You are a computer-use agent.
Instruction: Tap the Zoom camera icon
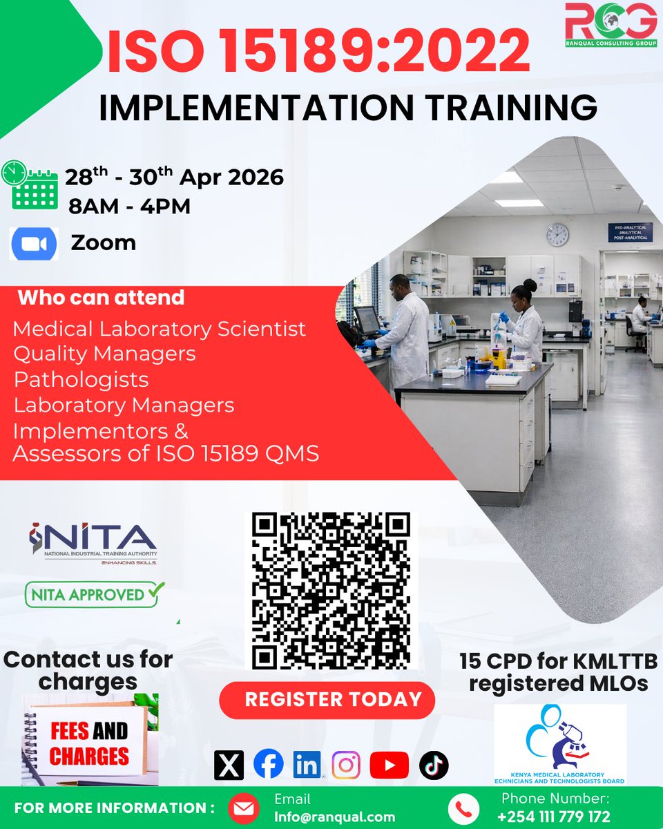click(x=34, y=244)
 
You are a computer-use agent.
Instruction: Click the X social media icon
click(x=229, y=765)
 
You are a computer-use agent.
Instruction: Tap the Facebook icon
click(x=268, y=765)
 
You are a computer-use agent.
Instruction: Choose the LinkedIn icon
click(x=307, y=765)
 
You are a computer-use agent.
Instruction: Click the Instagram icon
click(x=346, y=765)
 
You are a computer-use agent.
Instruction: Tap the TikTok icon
click(x=434, y=765)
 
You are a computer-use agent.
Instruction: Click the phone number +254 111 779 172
click(x=554, y=816)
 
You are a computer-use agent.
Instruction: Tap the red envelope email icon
click(x=244, y=808)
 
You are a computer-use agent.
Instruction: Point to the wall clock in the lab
click(x=557, y=235)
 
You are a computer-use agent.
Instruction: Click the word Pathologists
click(x=81, y=379)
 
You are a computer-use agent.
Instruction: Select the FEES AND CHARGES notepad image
click(x=90, y=740)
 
